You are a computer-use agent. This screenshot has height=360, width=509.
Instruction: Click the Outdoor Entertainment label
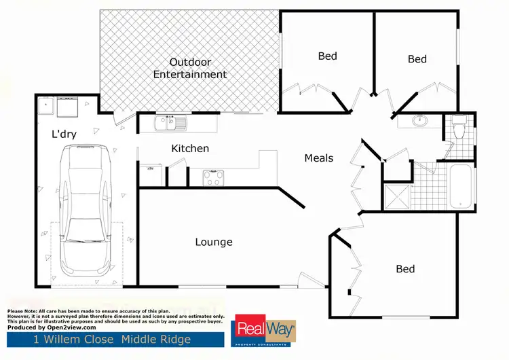pyautogui.click(x=190, y=68)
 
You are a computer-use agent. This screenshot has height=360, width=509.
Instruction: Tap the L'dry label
pyautogui.click(x=63, y=134)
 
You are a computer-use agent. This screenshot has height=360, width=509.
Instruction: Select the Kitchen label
pyautogui.click(x=190, y=148)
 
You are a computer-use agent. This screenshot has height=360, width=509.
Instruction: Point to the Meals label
pyautogui.click(x=318, y=158)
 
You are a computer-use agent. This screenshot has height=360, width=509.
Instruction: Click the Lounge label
pyautogui.click(x=214, y=242)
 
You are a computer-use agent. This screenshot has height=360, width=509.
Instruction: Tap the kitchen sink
pyautogui.click(x=166, y=123)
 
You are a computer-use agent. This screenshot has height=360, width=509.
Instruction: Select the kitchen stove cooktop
pyautogui.click(x=214, y=177)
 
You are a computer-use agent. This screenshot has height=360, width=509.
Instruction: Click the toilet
pyautogui.click(x=459, y=128)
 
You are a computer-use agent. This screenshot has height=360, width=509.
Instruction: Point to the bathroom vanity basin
pyautogui.click(x=420, y=122)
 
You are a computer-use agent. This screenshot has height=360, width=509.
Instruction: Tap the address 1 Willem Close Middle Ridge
pyautogui.click(x=112, y=339)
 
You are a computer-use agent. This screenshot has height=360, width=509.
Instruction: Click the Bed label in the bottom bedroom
pyautogui.click(x=405, y=269)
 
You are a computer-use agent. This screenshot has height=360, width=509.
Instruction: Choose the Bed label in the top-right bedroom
pyautogui.click(x=417, y=59)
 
